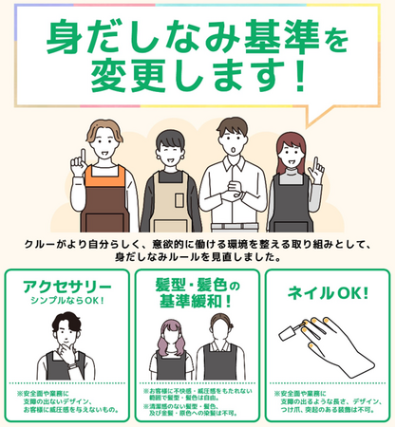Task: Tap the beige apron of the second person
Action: (167, 204)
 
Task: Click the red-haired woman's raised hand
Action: (320, 169)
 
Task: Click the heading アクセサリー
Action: (60, 287)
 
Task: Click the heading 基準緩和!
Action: (198, 303)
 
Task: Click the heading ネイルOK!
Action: (327, 292)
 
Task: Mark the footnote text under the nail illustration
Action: (327, 404)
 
